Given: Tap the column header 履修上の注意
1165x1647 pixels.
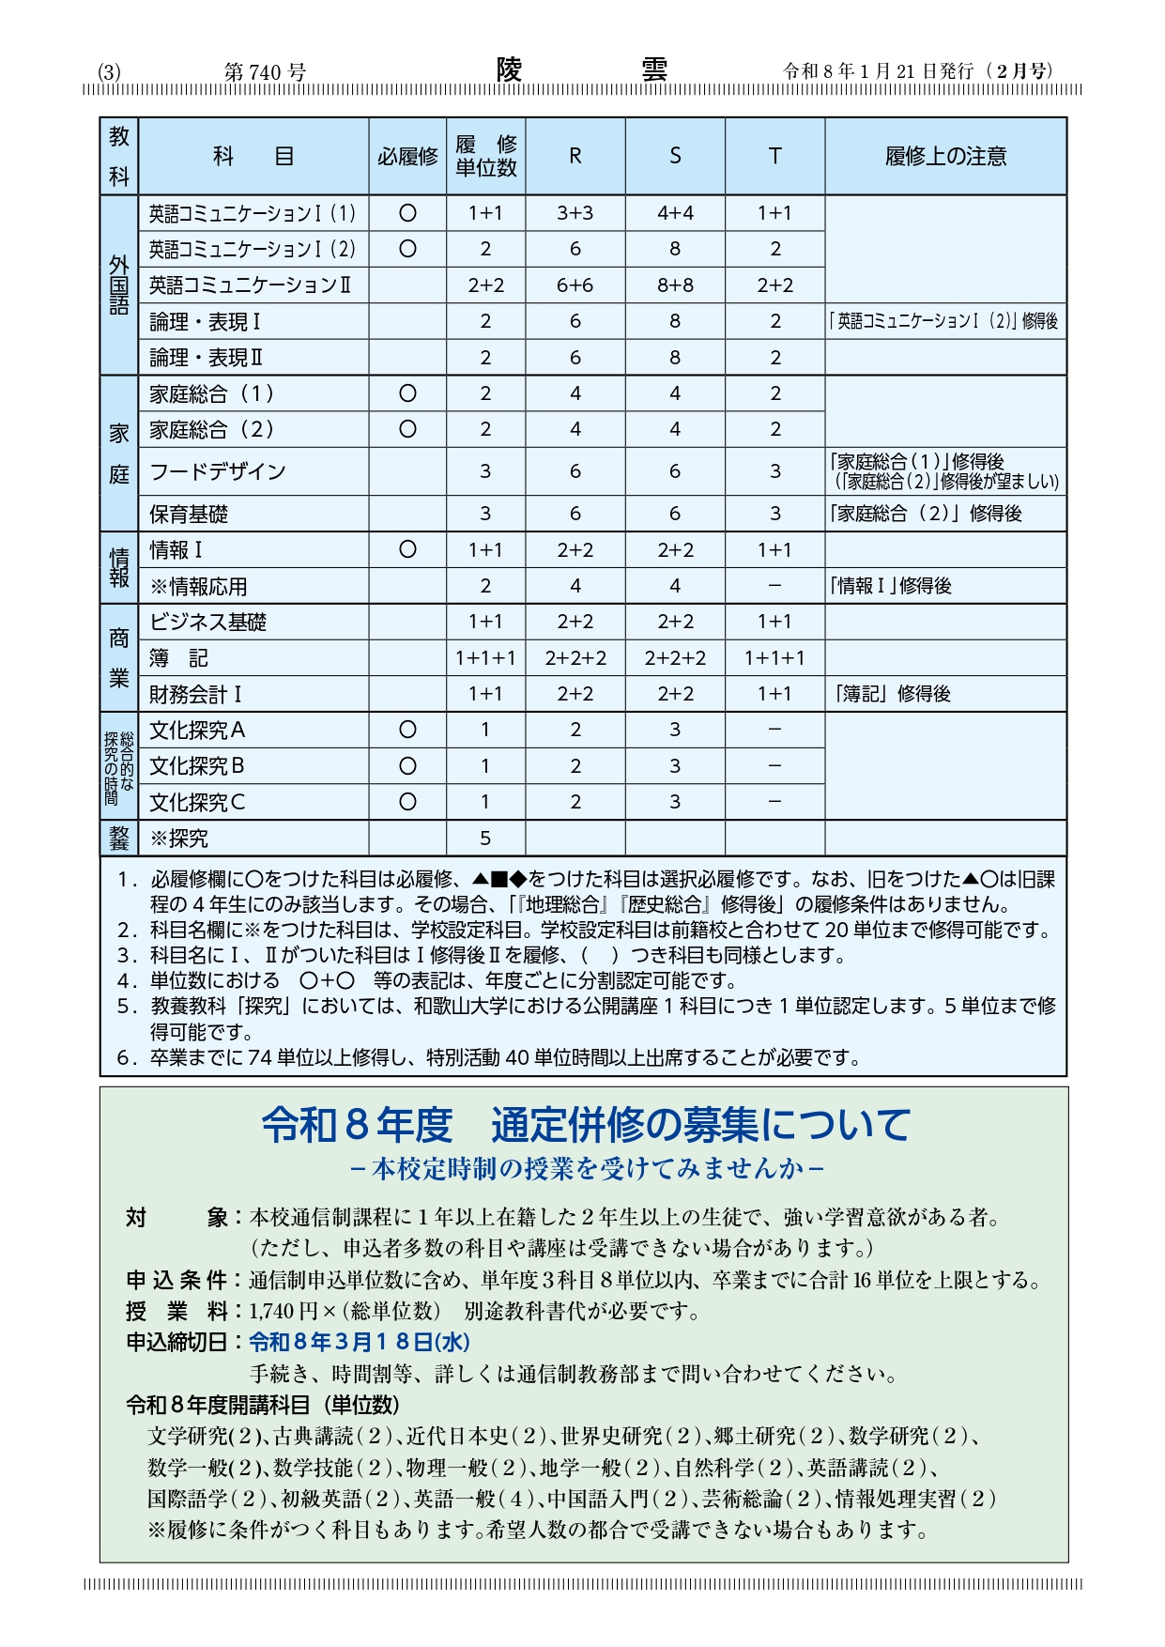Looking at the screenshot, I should [945, 156].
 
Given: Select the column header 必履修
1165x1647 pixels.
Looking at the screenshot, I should [407, 156].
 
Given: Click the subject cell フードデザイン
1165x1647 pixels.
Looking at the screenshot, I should [218, 471].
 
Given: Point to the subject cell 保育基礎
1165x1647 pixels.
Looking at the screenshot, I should [189, 514].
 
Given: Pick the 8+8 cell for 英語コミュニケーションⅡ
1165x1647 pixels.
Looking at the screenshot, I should [675, 285].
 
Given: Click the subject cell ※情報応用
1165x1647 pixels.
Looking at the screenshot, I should [199, 586].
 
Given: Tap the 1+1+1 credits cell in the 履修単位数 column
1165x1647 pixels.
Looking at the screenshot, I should [485, 658].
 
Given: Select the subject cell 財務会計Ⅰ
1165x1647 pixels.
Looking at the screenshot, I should [196, 694].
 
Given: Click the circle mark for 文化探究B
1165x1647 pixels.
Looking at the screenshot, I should [407, 766].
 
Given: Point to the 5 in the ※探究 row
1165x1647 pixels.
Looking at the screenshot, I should [485, 838].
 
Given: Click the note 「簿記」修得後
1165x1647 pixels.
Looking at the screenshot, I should [892, 694].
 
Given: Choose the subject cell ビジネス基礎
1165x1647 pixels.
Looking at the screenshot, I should [208, 622].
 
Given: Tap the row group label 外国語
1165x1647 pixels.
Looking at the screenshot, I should [119, 285].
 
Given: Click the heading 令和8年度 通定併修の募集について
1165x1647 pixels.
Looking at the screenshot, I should [585, 1124].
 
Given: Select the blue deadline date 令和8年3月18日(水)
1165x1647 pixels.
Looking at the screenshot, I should [360, 1342].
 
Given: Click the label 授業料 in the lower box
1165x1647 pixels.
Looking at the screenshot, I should [176, 1311].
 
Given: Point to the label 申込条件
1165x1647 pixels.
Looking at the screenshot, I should [176, 1280].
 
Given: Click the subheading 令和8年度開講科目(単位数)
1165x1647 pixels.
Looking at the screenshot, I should [263, 1405].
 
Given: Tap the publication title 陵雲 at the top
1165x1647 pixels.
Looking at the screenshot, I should [582, 70].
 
